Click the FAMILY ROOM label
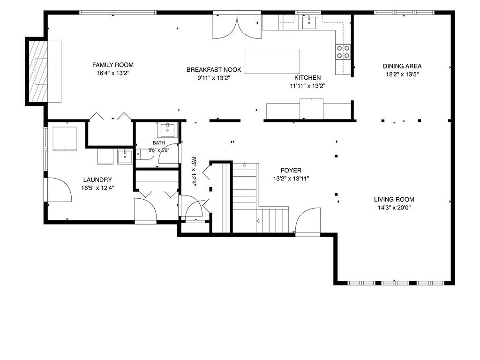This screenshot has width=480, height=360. tap(112, 65)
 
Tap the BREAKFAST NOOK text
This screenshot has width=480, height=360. tap(214, 70)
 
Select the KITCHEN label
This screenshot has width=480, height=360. tap(307, 78)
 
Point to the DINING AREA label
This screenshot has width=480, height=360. tap(402, 66)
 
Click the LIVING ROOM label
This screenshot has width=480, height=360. tap(394, 200)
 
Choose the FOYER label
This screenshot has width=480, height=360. tap(291, 171)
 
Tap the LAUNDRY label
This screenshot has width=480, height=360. tap(97, 180)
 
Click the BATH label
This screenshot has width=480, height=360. tap(158, 143)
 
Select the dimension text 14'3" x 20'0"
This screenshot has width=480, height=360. tap(394, 208)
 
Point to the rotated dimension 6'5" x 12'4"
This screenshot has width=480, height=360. tap(194, 171)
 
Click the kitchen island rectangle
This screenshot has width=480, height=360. tap(271, 61)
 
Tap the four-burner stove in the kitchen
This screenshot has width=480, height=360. tap(343, 52)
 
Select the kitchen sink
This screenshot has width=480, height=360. tap(309, 22)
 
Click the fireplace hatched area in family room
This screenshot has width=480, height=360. tap(38, 71)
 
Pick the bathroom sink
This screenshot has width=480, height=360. tap(167, 130)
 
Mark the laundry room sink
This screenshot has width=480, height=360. tap(125, 157)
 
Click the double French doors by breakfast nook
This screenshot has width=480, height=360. tap(237, 27)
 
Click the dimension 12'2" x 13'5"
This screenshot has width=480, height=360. tap(402, 75)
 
